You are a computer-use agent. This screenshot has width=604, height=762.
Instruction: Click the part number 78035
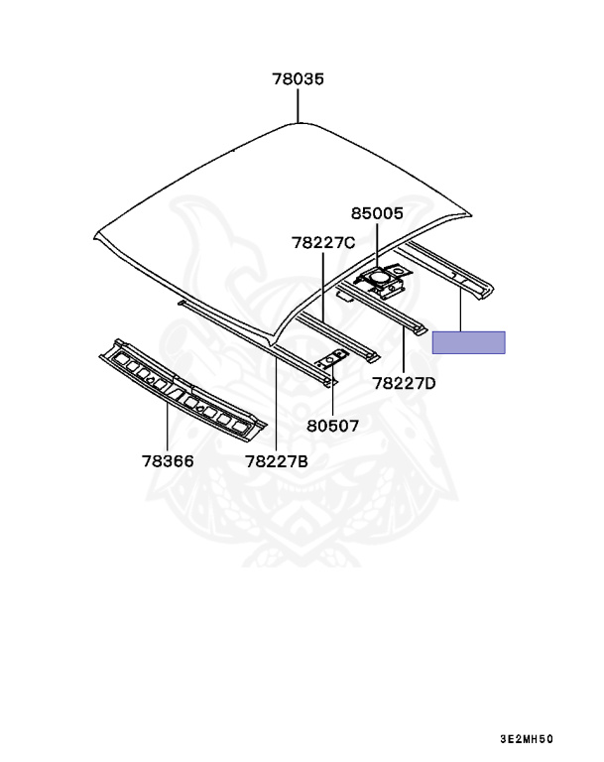click(x=299, y=79)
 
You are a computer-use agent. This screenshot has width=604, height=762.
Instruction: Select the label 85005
click(x=377, y=212)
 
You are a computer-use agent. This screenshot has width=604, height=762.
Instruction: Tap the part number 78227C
click(x=323, y=242)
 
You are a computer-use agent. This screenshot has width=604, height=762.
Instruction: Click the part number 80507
click(x=332, y=425)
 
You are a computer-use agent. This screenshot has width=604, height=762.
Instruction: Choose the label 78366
click(x=167, y=460)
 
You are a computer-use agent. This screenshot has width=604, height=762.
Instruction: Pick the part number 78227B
click(x=277, y=460)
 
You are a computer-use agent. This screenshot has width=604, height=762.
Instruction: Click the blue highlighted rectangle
click(x=468, y=342)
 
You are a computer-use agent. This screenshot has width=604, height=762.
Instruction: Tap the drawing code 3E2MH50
click(x=526, y=739)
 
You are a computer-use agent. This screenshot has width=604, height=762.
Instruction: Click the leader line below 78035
click(x=299, y=105)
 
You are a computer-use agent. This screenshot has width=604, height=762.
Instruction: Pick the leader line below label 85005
click(x=377, y=246)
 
